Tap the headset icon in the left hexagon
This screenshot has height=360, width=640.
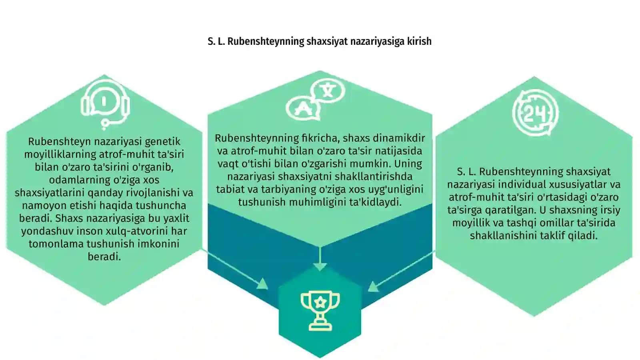[105, 104]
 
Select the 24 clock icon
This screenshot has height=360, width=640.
[535, 113]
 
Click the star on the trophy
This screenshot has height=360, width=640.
[320, 302]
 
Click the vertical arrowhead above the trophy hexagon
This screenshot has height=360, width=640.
[320, 266]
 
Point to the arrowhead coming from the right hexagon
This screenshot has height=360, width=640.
[373, 286]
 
